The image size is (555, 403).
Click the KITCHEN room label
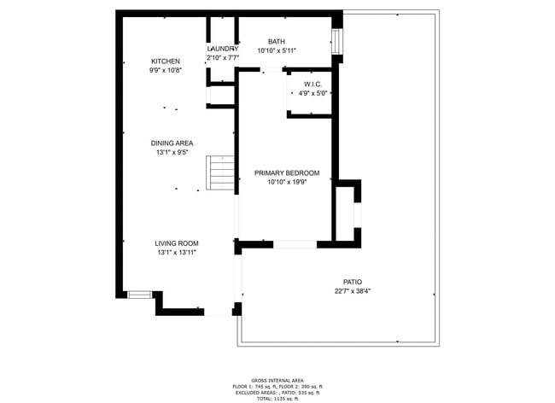[166, 61]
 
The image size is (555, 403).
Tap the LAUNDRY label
[222, 49]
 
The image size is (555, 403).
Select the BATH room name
[277, 42]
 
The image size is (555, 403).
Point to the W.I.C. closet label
[313, 84]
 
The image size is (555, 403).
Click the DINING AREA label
[172, 143]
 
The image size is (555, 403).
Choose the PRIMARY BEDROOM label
[286, 172]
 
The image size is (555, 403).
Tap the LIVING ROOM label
[177, 243]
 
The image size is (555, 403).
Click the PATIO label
[353, 281]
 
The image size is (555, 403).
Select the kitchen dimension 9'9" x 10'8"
[166, 71]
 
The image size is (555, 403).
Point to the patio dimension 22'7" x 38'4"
[353, 291]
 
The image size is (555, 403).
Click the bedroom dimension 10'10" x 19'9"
[286, 182]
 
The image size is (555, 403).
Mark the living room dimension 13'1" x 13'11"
[177, 253]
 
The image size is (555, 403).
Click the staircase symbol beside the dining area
[221, 174]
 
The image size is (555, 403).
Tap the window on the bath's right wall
[337, 40]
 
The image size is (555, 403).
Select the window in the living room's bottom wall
[139, 295]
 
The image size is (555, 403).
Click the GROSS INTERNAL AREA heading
[277, 381]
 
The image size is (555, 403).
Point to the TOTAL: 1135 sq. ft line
[277, 399]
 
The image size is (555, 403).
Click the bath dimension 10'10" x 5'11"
[277, 51]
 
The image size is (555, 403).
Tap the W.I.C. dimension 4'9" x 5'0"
[313, 93]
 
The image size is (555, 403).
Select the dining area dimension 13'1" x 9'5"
[172, 153]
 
